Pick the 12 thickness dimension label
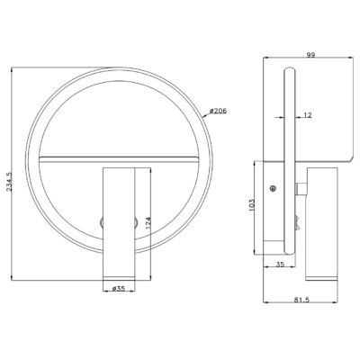[309, 114]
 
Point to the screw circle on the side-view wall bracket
[274, 188]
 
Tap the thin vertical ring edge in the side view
[289, 153]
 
